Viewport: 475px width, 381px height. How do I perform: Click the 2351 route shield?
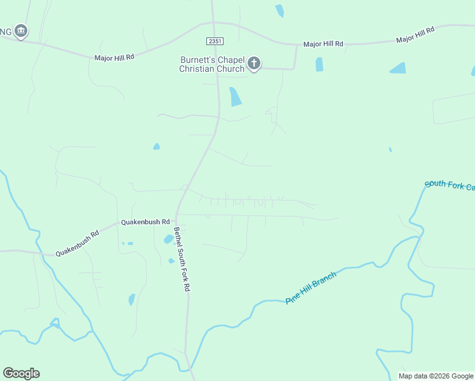pos(214,41)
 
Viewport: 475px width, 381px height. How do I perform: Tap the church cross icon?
pos(254,63)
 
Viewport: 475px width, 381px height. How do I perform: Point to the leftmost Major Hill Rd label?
pos(114,57)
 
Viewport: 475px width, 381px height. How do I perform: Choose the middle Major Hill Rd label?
pos(323,44)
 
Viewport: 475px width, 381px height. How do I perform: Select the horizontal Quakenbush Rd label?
pos(146,222)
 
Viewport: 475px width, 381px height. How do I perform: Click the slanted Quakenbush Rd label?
pos(77,243)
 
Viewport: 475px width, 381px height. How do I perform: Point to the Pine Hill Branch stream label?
pos(311,288)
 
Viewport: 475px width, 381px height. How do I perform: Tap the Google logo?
pos(21,373)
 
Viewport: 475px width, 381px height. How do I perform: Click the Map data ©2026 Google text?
pos(436,376)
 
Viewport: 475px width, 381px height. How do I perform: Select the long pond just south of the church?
pos(235,96)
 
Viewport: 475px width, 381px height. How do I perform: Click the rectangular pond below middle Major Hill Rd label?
pos(319,64)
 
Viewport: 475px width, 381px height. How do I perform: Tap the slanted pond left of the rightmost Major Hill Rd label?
pos(398,68)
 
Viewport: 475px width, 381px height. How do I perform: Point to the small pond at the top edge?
pos(279,10)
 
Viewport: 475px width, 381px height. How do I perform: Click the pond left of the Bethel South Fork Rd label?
pos(169,239)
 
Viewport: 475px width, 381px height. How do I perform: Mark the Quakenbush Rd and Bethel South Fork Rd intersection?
pos(177,215)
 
